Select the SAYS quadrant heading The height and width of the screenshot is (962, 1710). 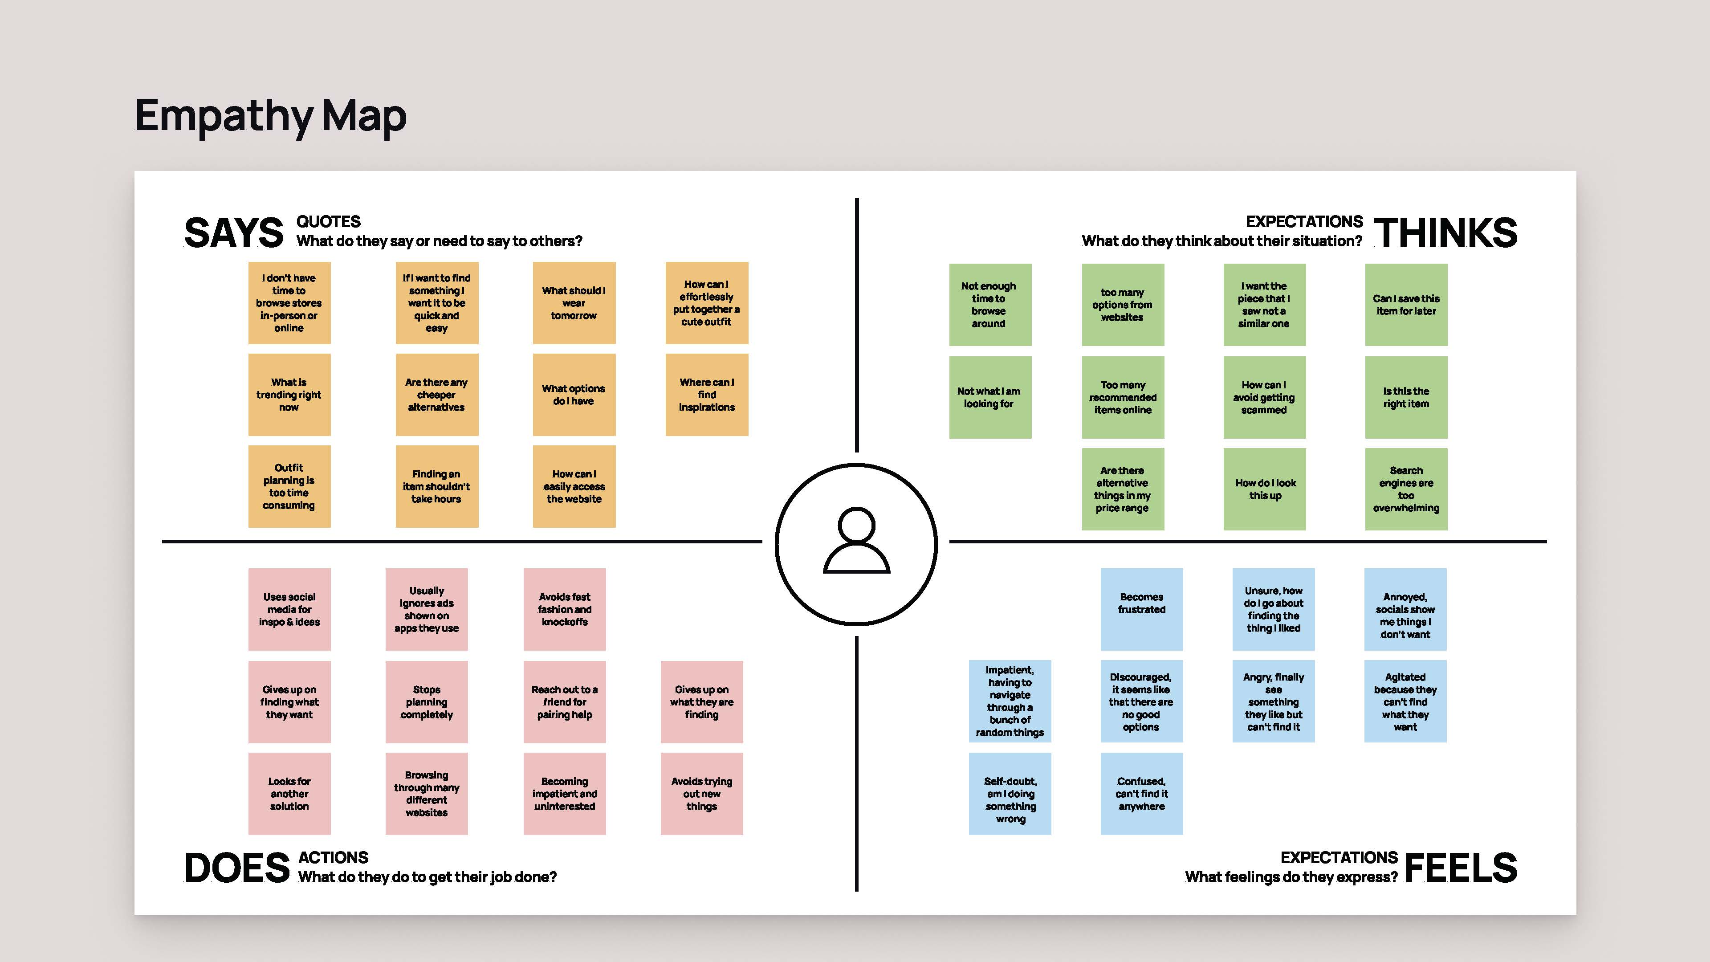coord(234,233)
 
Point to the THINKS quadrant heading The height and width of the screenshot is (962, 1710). coord(1445,232)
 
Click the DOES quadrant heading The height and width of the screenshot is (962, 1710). coord(237,868)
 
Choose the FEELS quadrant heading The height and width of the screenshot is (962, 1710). coord(1461,868)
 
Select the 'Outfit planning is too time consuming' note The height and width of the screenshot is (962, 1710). coord(289,487)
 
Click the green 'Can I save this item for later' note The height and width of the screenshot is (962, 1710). coord(1406,305)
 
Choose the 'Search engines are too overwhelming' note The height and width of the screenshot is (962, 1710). coord(1406,489)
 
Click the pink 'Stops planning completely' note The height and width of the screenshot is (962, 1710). coord(427,702)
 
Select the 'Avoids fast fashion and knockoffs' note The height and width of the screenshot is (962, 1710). coord(565,609)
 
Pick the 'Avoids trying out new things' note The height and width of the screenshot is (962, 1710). coord(702,793)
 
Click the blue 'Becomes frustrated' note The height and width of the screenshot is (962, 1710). coord(1142,609)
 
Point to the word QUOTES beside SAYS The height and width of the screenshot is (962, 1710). coord(329,222)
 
